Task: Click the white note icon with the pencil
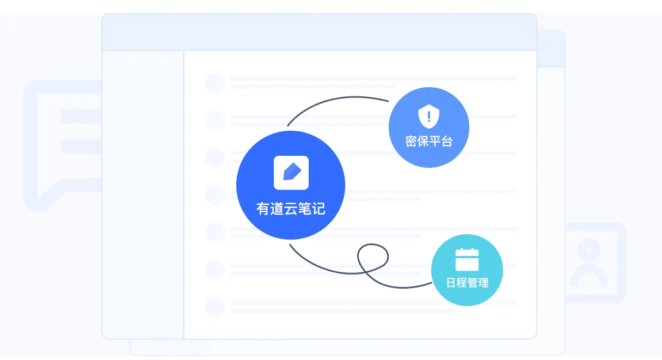click(291, 173)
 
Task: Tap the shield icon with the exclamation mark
click(428, 116)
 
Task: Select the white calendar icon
click(467, 259)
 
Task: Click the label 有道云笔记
click(291, 209)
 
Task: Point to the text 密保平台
click(429, 141)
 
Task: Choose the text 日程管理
click(467, 283)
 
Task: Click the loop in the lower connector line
click(373, 257)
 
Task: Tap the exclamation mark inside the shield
click(429, 117)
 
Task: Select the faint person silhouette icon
click(589, 263)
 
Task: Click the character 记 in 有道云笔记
click(318, 209)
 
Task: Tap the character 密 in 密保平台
click(411, 141)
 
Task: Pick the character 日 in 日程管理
click(451, 283)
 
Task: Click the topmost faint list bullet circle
click(215, 82)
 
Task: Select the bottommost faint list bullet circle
click(215, 307)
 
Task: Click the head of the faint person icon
click(589, 249)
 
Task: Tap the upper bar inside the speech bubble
click(81, 116)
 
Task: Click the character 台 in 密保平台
click(447, 141)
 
